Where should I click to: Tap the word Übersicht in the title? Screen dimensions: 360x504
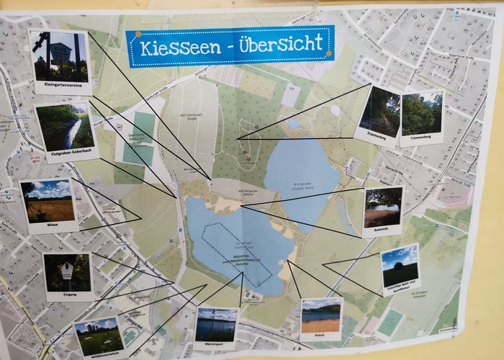278,44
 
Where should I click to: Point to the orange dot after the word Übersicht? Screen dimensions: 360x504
329,53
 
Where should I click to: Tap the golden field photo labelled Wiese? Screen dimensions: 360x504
48,202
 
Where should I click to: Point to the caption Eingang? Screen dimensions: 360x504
68,295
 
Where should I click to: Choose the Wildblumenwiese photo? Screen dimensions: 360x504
98,335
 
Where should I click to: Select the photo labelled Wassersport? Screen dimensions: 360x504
216,325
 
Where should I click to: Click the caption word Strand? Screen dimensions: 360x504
321,336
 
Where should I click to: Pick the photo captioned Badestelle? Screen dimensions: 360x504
382,209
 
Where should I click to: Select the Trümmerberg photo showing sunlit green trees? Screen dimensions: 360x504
422,113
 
